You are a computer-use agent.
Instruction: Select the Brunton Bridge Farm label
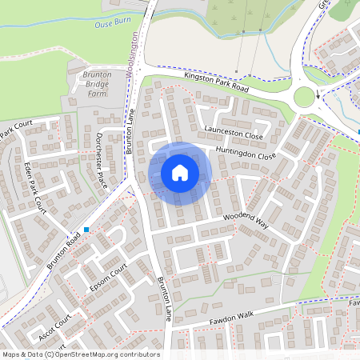tap(97, 83)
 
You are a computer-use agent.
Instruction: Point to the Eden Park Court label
tap(36, 186)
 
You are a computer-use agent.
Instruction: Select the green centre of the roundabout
tap(304, 98)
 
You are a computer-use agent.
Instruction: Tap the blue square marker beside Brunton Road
tap(86, 230)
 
